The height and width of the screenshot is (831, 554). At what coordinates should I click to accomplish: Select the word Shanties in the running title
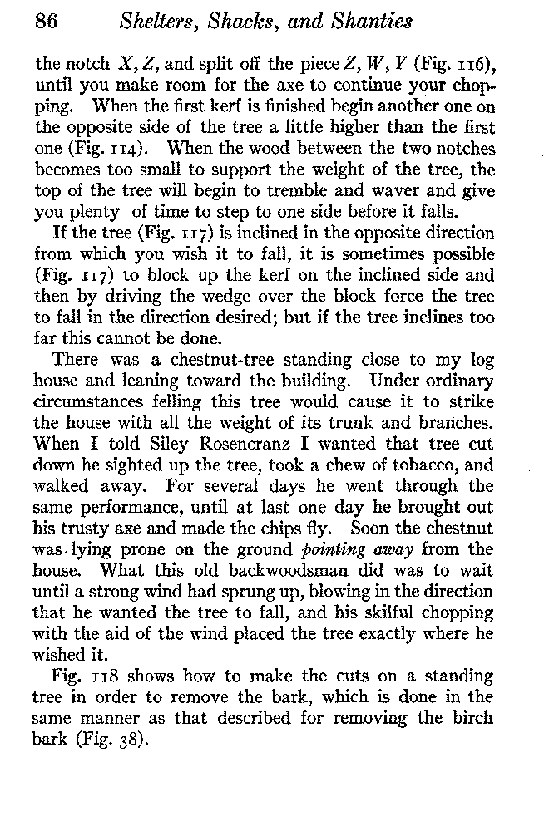[x=371, y=22]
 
